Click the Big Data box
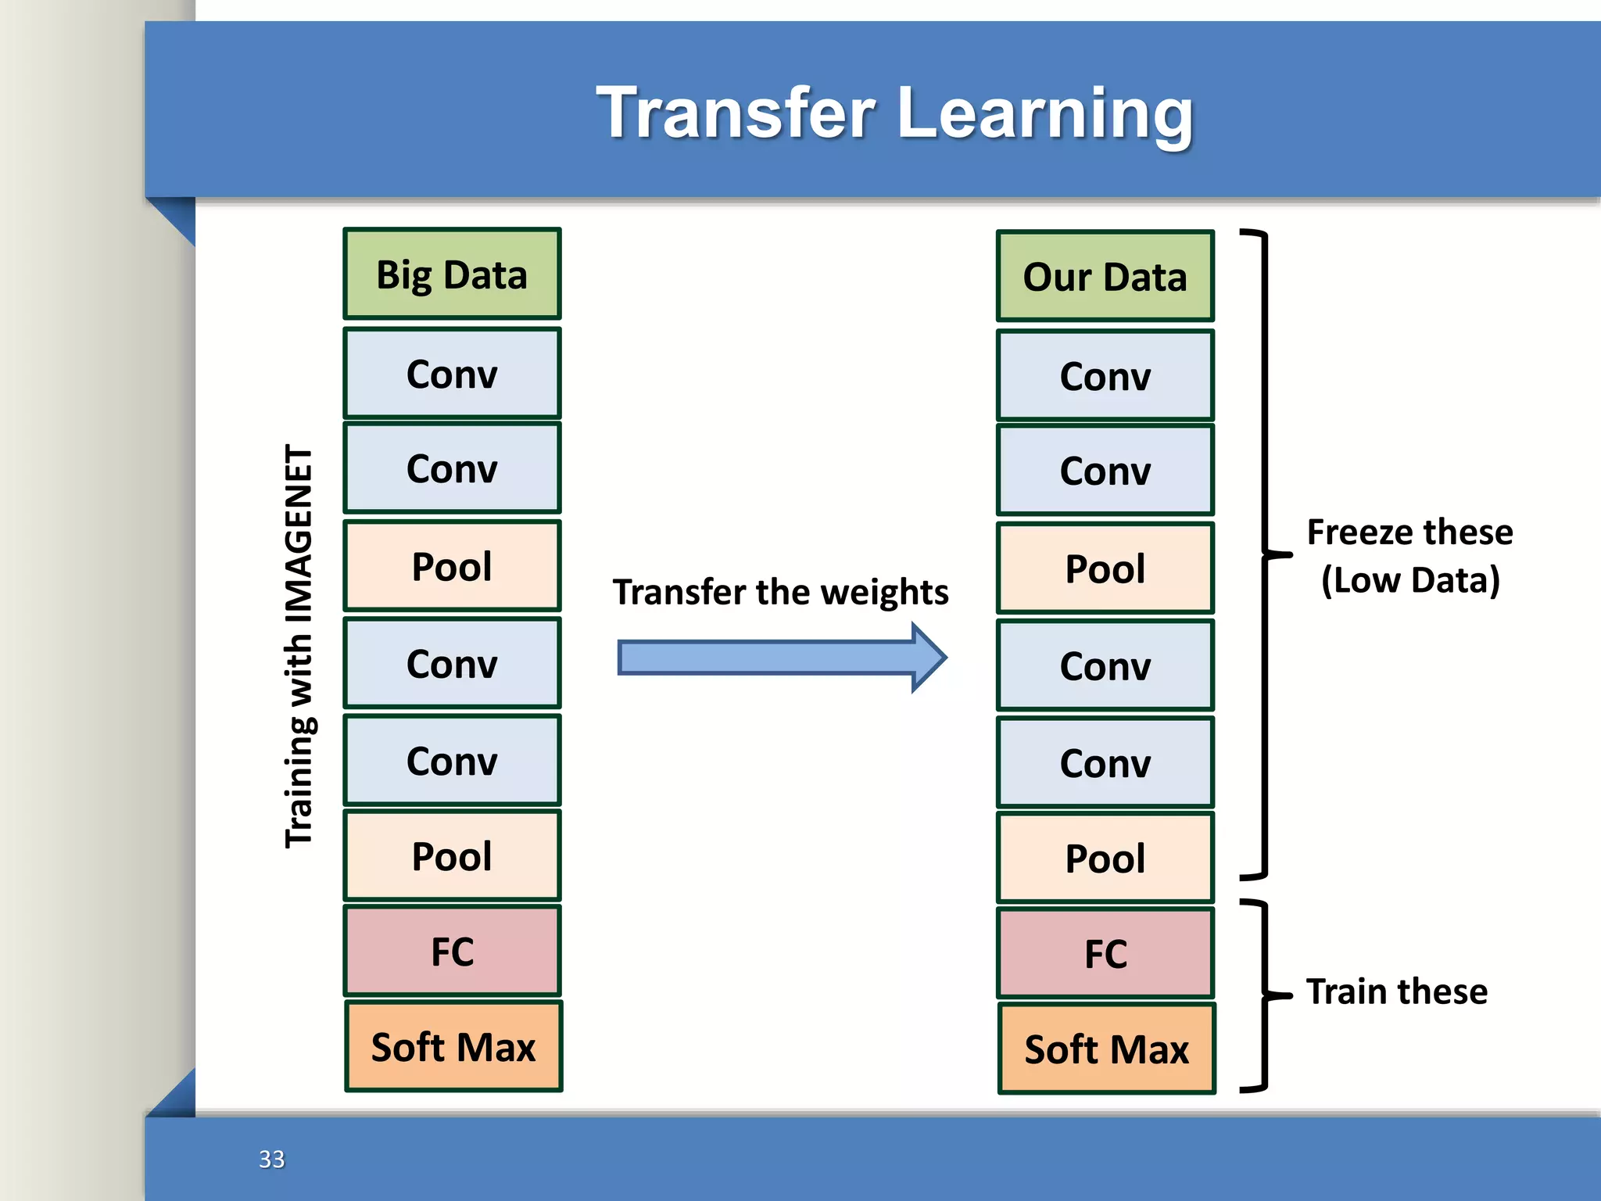tap(452, 274)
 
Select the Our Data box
tap(1105, 277)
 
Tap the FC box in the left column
tap(452, 952)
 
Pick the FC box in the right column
tap(1105, 954)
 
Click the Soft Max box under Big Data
tap(453, 1047)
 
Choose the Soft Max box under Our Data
tap(1106, 1049)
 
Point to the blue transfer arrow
tap(782, 658)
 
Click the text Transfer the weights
tap(780, 592)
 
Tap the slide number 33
tap(271, 1159)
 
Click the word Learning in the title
tap(1045, 113)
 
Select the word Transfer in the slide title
tap(736, 113)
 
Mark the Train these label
tap(1396, 991)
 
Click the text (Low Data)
tap(1410, 580)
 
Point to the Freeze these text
tap(1409, 532)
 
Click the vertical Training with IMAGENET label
tap(299, 645)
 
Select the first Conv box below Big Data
tap(452, 374)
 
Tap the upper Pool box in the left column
tap(452, 566)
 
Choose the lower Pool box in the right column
tap(1105, 859)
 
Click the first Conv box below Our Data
tap(1105, 376)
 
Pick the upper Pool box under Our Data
tap(1105, 568)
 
